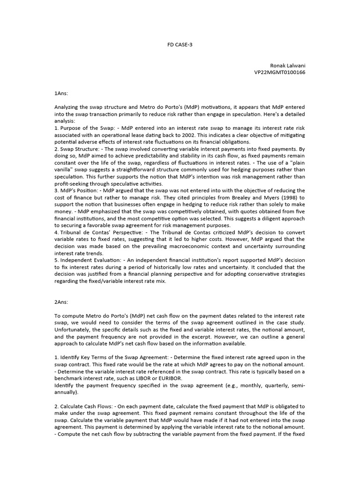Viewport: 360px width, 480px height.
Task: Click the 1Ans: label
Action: pos(61,93)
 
